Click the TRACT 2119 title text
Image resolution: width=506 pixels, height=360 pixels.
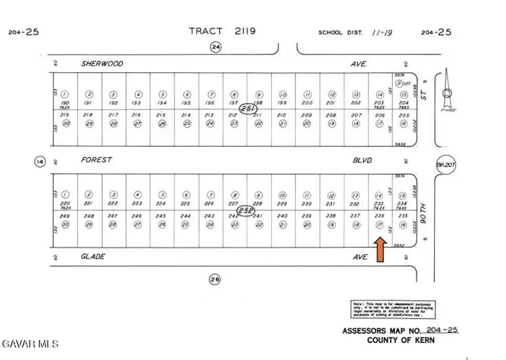(x=222, y=31)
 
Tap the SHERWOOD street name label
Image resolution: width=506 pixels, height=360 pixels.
(x=102, y=64)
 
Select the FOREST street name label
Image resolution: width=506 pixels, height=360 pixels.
(x=97, y=160)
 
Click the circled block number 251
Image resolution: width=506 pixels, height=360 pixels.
(x=248, y=108)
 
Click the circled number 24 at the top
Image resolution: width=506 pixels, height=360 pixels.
(x=215, y=47)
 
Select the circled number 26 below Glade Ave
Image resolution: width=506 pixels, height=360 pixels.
(x=214, y=279)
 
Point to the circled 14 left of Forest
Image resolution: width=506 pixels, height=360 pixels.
(x=40, y=161)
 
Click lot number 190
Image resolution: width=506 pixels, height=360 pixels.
(x=65, y=102)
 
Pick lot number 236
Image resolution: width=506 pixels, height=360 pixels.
(x=379, y=216)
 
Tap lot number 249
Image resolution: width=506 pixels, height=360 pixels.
(x=65, y=216)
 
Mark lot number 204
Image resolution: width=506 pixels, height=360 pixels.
(x=404, y=102)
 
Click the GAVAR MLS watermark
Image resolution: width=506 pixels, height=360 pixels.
(x=30, y=343)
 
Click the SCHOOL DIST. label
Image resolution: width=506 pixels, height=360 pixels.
(x=340, y=33)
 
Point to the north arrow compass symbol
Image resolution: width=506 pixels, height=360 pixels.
(x=447, y=91)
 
